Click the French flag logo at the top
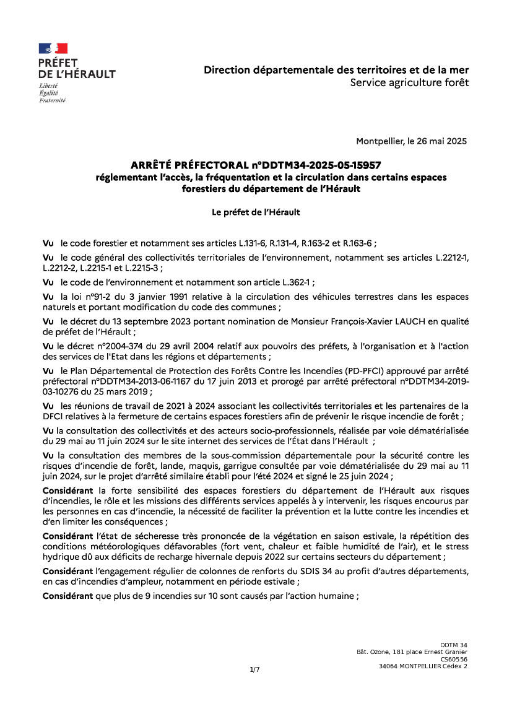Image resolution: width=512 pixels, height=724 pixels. pos(53,48)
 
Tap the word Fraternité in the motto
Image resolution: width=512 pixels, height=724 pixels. pos(52,100)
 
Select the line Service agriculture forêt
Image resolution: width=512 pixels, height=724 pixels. pos(409,82)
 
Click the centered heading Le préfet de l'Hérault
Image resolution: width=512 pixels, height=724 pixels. pos(256,212)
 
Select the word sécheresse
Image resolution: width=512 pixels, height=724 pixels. pos(149,535)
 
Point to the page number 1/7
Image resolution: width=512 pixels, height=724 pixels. pos(254,669)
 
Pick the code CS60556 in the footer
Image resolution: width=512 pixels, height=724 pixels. pos(454,660)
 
